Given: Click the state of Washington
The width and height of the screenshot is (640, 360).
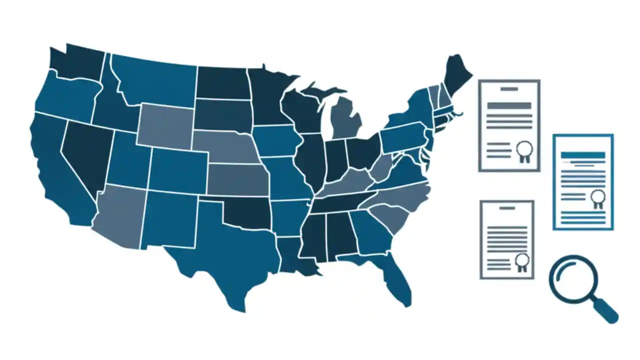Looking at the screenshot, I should click(77, 62).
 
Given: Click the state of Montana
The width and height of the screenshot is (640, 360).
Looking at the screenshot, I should click(155, 80).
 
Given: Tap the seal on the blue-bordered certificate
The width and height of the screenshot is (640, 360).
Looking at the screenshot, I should click(597, 197).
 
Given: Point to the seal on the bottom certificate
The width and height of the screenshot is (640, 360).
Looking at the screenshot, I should click(522, 261).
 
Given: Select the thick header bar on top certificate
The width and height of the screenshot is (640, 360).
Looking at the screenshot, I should click(509, 105).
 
